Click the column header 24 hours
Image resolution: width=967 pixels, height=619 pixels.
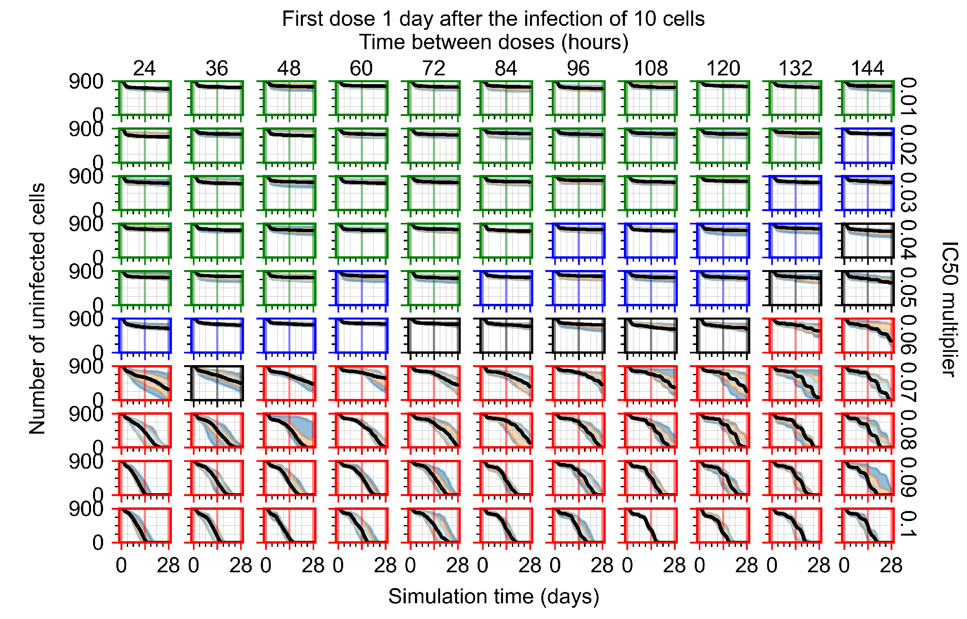click(144, 69)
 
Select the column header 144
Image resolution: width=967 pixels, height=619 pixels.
click(868, 69)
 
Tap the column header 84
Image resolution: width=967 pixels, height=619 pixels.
click(506, 69)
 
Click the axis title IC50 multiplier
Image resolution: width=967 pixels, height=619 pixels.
click(950, 309)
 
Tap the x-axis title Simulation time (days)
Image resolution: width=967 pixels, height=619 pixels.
click(493, 596)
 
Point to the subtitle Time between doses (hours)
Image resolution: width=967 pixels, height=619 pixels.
click(493, 42)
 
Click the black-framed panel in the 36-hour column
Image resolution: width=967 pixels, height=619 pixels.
click(217, 383)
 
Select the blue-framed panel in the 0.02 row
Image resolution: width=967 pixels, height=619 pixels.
click(868, 145)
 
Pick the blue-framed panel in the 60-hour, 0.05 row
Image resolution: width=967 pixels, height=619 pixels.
click(362, 288)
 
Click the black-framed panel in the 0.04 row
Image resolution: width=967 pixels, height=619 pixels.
click(868, 241)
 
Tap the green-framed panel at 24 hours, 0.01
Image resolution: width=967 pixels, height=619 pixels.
click(145, 98)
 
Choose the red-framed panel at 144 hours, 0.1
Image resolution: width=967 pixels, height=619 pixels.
click(868, 526)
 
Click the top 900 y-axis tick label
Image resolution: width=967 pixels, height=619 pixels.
click(86, 82)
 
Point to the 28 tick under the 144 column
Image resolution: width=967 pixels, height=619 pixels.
click(891, 566)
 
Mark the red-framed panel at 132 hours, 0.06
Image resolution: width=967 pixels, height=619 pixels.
click(795, 335)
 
